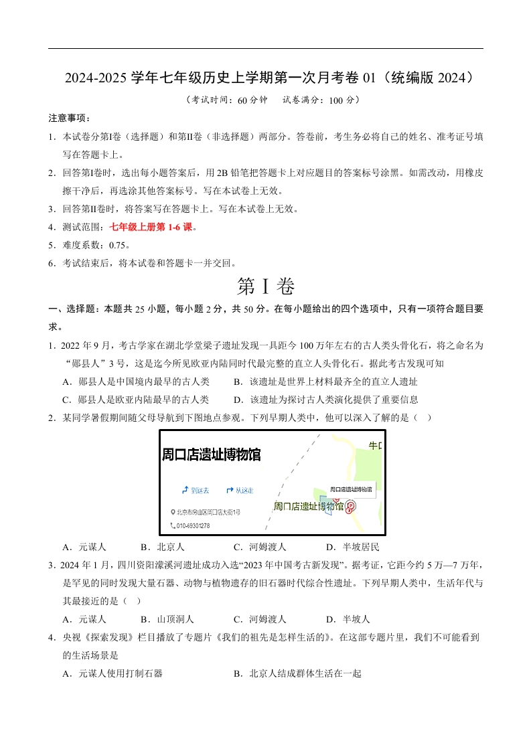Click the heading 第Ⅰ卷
[x=265, y=286]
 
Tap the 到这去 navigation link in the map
[x=196, y=490]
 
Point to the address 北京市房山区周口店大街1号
[x=206, y=512]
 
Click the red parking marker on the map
[x=350, y=507]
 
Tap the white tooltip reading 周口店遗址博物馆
[x=351, y=489]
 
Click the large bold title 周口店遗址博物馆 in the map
[x=211, y=455]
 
